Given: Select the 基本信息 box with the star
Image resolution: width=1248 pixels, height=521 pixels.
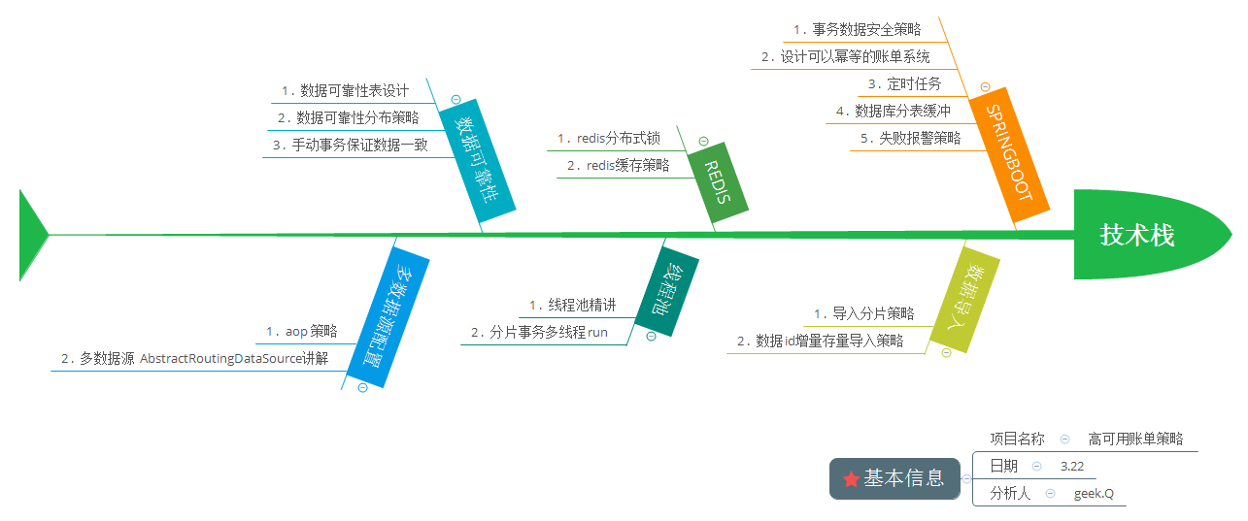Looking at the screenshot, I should tap(894, 478).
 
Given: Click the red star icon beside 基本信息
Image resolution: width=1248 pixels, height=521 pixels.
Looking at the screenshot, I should tap(851, 479).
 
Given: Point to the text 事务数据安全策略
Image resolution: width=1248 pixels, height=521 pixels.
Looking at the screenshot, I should tap(866, 30).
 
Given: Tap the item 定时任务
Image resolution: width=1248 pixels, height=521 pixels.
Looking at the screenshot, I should tap(916, 84).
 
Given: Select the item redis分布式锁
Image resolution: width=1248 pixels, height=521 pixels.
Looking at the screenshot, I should tap(618, 139).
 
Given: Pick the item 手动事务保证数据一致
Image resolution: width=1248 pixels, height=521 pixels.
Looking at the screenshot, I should tap(358, 146).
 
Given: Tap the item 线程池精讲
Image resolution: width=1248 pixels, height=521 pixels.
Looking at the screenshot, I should tap(582, 306).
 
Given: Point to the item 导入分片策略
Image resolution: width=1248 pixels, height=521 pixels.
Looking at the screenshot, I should tap(873, 313).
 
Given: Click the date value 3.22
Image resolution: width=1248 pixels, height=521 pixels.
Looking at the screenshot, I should tap(1072, 467).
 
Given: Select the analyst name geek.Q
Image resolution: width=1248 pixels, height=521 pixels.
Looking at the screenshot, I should tap(1094, 494).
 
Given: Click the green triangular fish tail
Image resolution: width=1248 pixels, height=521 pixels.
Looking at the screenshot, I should tap(32, 235).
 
